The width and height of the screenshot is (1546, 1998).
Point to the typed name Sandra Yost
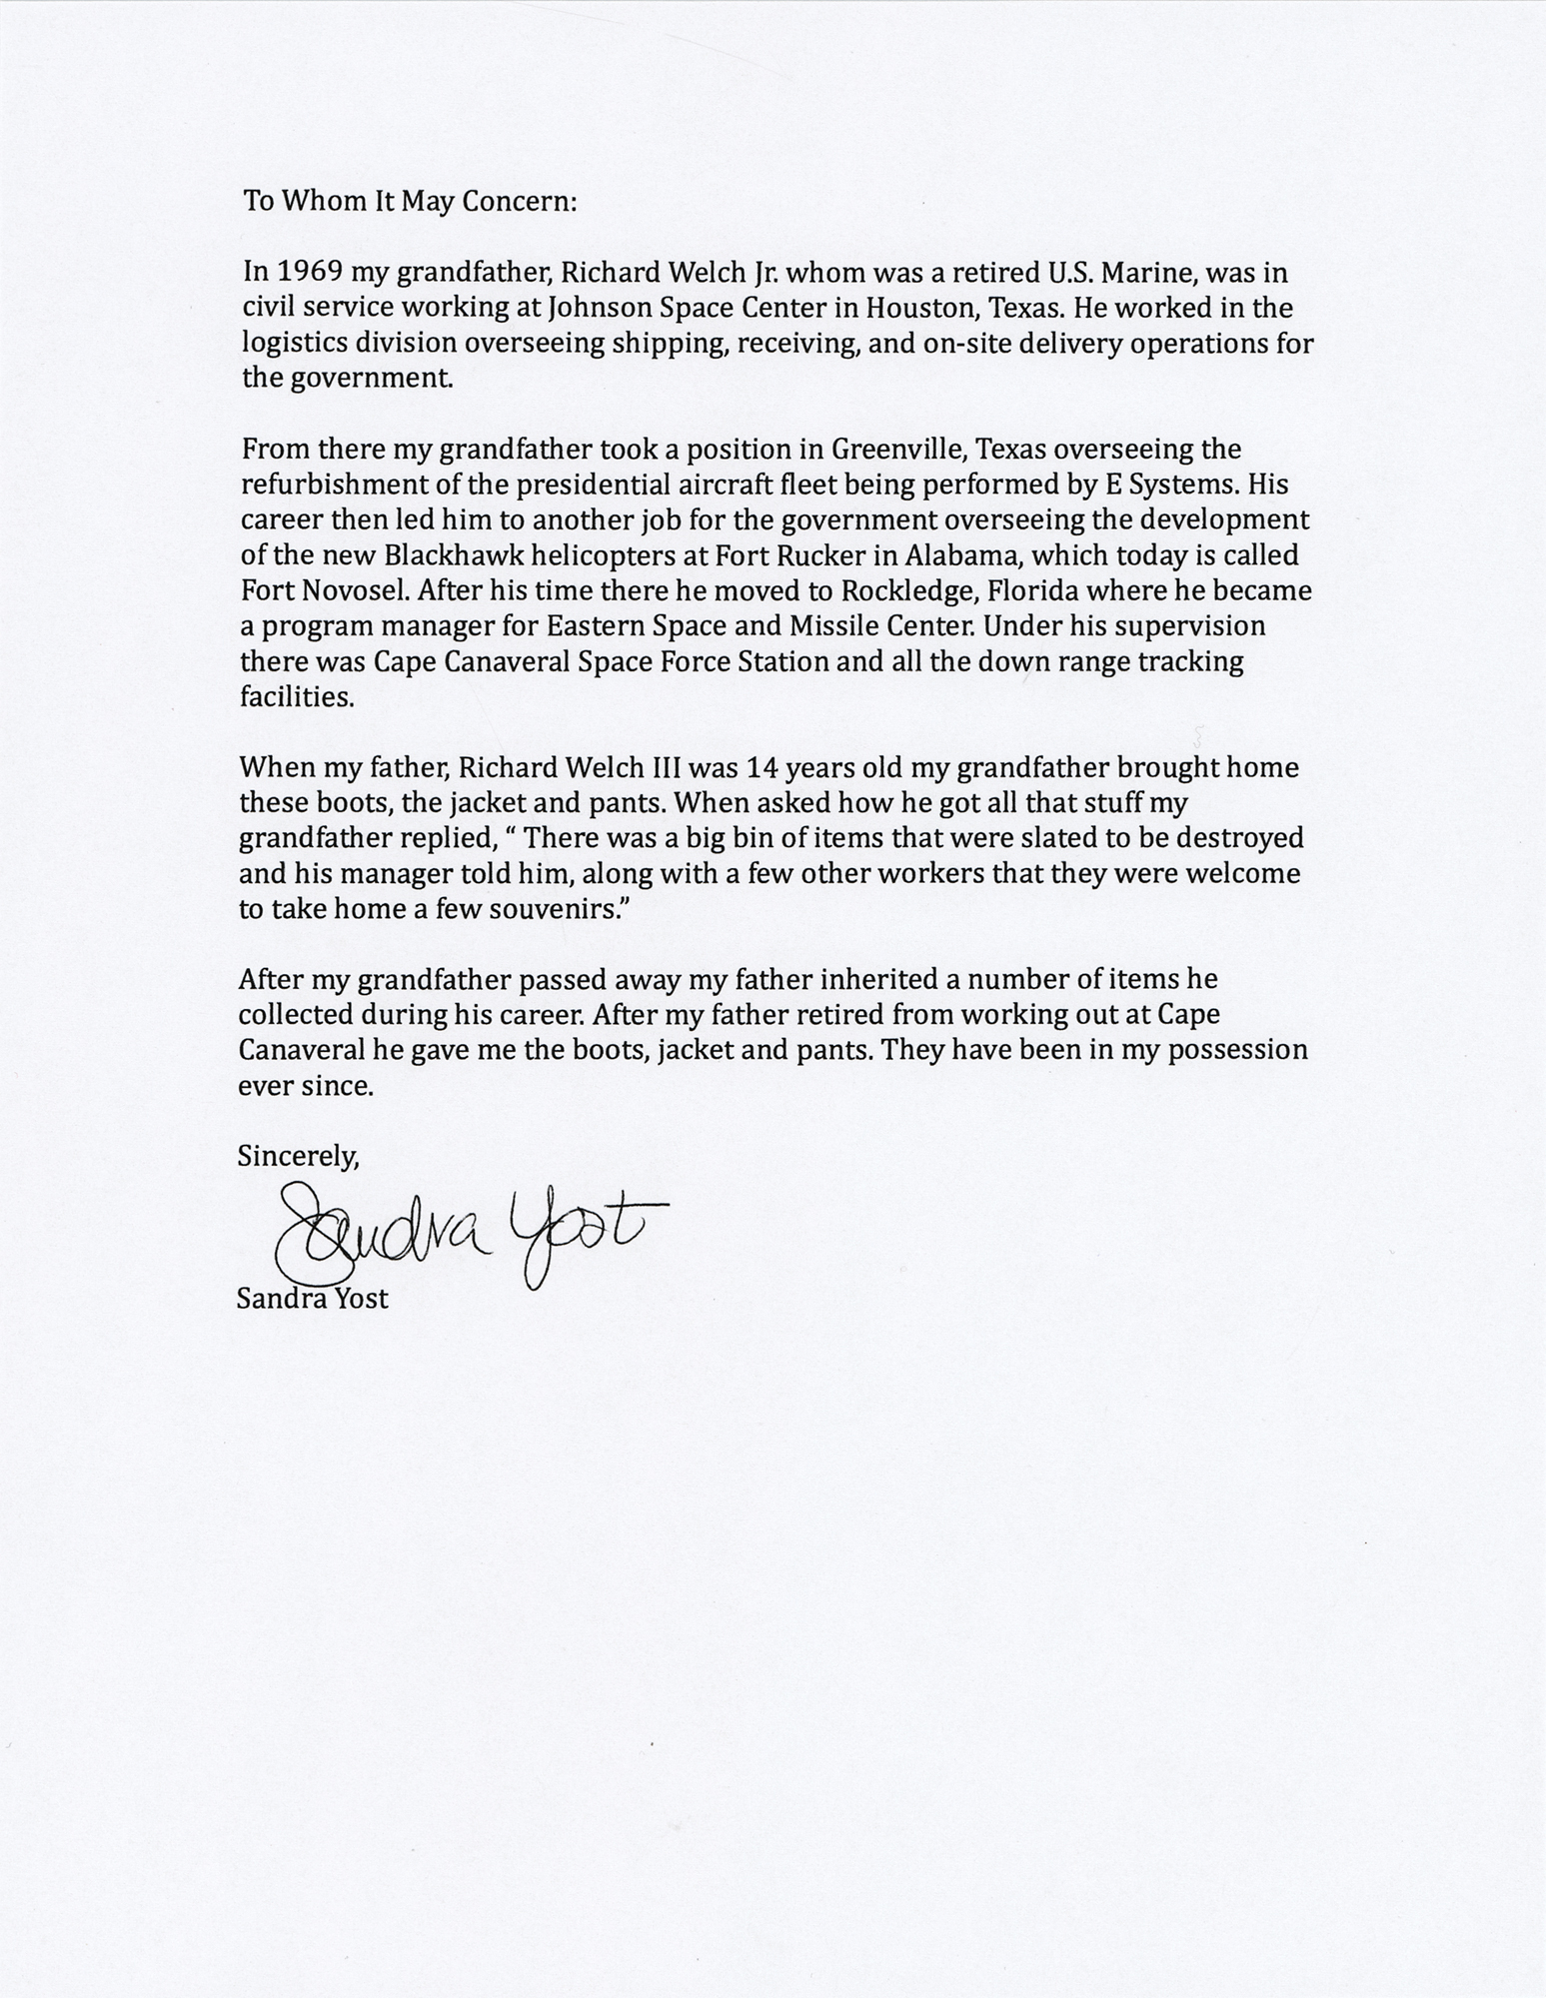point(312,1299)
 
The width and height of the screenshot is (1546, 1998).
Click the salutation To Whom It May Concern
point(411,201)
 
